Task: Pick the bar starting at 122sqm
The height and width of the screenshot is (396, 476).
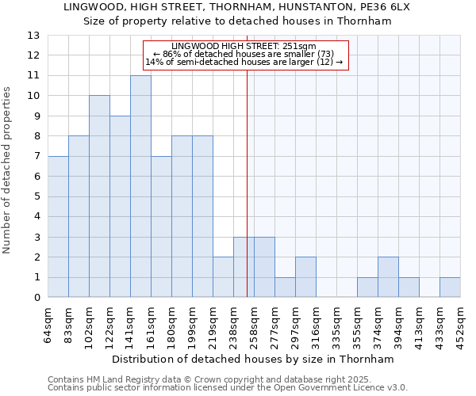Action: tap(120, 207)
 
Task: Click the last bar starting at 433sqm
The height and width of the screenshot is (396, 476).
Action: tap(450, 287)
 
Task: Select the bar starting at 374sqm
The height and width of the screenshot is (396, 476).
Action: tap(388, 277)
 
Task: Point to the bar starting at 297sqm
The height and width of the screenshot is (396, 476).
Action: tap(305, 277)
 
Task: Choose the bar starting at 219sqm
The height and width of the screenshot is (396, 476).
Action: tap(223, 277)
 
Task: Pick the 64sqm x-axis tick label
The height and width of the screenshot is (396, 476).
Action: tap(48, 322)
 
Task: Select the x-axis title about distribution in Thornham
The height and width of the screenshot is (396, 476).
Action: tap(253, 359)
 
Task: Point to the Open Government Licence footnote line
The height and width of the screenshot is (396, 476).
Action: tap(227, 388)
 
